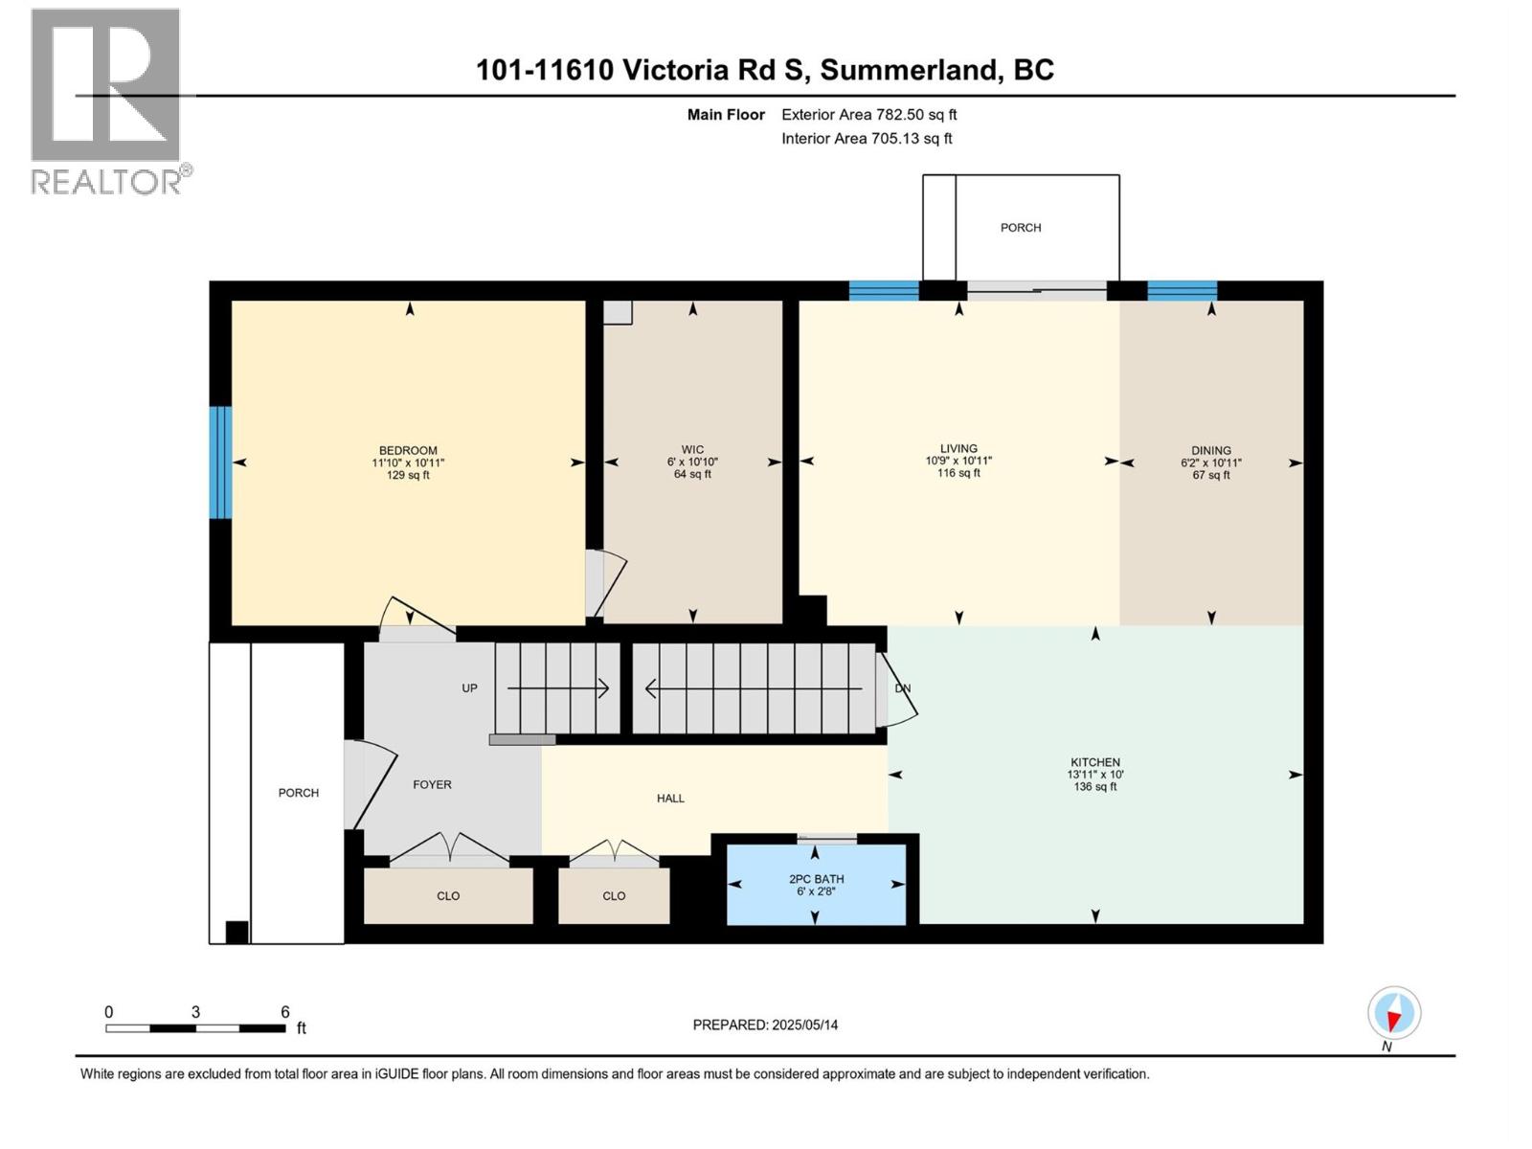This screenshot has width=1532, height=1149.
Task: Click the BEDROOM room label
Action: pos(408,451)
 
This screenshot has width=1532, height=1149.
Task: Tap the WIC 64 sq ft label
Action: pos(692,474)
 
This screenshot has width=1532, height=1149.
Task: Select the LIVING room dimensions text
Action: pos(958,461)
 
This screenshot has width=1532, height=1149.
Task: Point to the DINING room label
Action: pos(1211,450)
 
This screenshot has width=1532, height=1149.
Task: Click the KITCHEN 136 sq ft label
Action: pos(1094,786)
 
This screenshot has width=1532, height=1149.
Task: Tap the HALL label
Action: pos(670,798)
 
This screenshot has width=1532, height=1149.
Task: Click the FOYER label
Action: pos(432,784)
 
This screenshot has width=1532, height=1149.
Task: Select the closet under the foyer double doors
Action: pos(448,896)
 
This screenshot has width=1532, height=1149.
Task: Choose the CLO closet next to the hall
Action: pos(614,896)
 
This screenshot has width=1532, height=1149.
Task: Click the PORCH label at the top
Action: pos(1021,228)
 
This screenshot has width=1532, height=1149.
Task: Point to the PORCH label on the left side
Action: pos(299,793)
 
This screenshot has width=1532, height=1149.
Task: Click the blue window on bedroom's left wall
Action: pos(220,462)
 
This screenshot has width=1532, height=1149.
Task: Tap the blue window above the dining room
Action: pos(1182,290)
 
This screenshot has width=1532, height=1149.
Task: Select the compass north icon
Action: pos(1394,1013)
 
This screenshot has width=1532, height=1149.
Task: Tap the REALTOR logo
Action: pos(107,101)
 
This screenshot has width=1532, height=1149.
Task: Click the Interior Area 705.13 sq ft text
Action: pos(867,138)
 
